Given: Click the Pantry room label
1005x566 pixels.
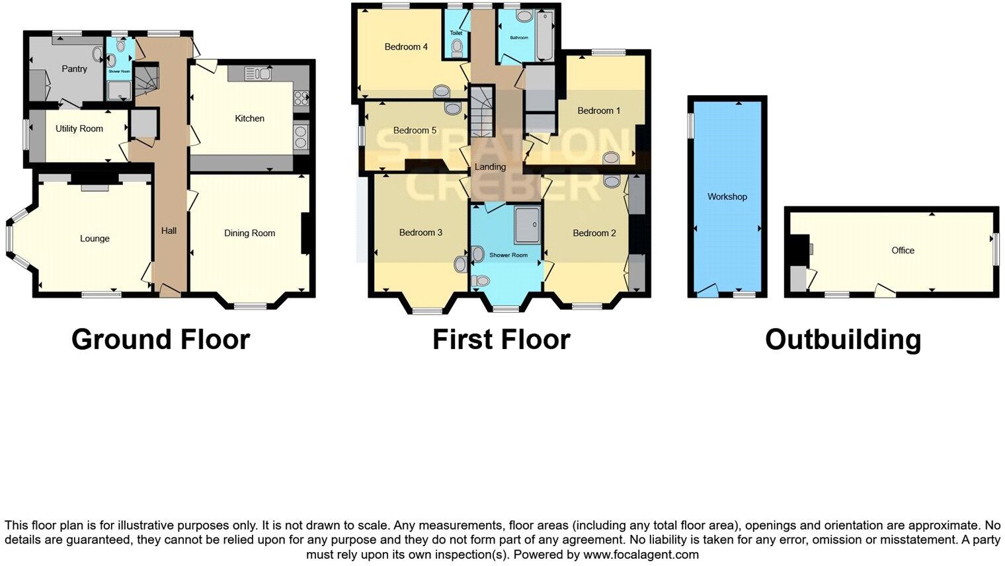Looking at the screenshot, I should click(74, 69).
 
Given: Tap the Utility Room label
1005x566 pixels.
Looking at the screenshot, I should click(79, 129).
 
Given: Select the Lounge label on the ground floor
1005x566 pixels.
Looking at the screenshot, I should click(95, 239).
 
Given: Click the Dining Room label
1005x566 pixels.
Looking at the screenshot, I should click(249, 233).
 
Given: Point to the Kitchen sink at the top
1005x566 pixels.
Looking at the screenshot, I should click(257, 73).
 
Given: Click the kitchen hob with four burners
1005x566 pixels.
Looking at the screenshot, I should click(300, 98).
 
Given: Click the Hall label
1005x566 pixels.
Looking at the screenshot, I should click(169, 231).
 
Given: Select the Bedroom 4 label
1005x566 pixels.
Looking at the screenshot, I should click(406, 47).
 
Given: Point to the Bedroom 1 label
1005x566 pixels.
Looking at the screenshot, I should click(598, 110).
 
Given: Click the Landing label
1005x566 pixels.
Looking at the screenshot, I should click(490, 167).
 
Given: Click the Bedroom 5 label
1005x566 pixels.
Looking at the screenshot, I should click(415, 130).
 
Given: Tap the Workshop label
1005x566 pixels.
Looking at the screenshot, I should click(727, 196).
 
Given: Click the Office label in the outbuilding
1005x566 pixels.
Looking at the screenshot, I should click(903, 250).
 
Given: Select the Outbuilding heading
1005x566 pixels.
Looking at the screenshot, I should click(842, 340).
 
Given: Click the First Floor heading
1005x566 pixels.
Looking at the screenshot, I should click(501, 340).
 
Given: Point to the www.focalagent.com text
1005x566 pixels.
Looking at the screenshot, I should click(641, 555).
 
